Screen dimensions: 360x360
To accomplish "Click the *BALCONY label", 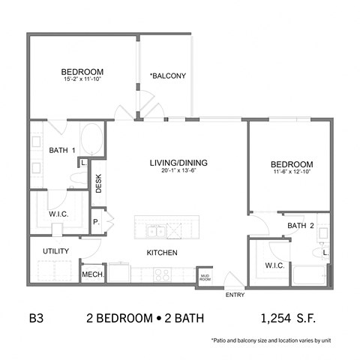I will point(168,76).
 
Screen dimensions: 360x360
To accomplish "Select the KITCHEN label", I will point(161,253).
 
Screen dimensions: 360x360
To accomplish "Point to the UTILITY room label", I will point(56,250).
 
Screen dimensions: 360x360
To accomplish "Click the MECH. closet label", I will point(91,274).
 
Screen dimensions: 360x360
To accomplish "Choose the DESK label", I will point(98,183).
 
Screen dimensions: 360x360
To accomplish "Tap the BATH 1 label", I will point(62,151).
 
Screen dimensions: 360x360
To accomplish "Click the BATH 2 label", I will point(300,226).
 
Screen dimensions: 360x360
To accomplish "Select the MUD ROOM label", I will point(205,277).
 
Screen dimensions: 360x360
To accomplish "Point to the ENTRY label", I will point(235,295).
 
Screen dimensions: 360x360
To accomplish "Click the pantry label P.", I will point(96,222).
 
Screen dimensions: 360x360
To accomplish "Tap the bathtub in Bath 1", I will point(91,140).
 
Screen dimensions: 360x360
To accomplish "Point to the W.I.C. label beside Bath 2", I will point(274,265).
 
